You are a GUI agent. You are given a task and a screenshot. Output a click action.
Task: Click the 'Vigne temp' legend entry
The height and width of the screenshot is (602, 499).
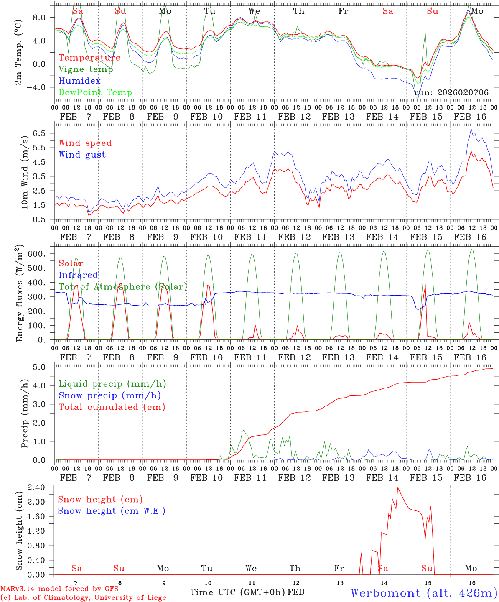click(86, 69)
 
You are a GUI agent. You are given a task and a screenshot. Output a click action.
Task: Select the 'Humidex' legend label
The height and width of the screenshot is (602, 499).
click(79, 81)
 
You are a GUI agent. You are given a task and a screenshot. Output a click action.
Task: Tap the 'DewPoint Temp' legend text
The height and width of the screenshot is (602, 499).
click(95, 93)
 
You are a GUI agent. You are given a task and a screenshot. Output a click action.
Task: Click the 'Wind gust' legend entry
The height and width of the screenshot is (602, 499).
click(82, 155)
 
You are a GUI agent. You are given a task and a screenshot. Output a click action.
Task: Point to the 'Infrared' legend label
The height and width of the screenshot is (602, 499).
click(78, 275)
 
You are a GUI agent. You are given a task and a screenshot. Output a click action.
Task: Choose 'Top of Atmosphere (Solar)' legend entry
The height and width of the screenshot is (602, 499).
click(122, 287)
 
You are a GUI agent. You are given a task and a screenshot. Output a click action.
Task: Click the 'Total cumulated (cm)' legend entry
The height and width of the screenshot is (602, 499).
click(112, 407)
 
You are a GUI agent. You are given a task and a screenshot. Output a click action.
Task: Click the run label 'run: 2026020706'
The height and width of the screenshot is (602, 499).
click(451, 93)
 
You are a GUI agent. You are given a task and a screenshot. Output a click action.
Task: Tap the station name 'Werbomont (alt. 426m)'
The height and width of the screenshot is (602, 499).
click(424, 593)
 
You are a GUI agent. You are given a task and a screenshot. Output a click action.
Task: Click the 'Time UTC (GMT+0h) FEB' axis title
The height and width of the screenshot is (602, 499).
click(247, 592)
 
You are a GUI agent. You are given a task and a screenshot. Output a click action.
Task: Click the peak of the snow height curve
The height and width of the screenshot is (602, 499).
click(397, 487)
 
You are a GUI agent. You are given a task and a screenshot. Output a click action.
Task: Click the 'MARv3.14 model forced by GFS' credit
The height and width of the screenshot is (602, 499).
click(59, 589)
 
